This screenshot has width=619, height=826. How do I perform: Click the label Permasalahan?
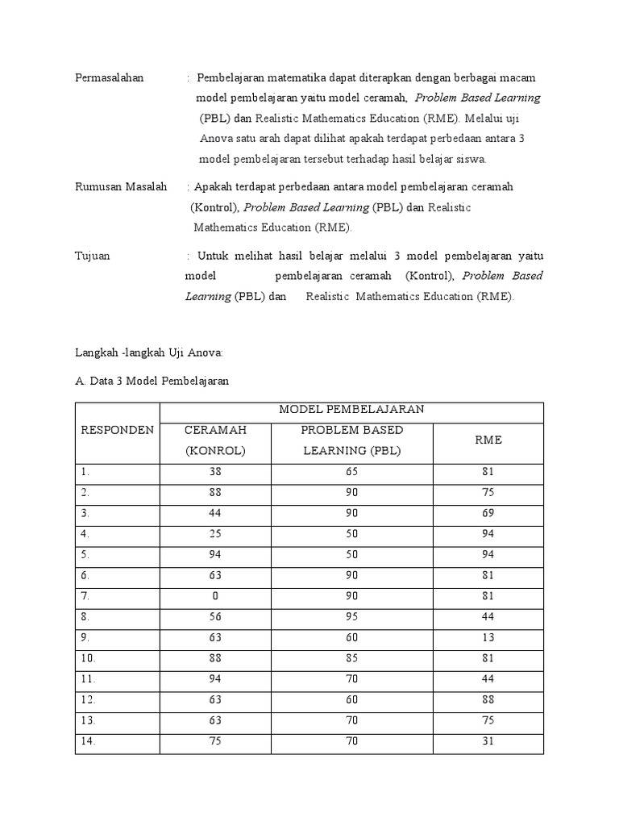tap(109, 77)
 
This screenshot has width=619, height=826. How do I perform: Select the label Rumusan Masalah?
tap(120, 187)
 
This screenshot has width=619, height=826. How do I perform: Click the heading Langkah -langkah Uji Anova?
tap(148, 353)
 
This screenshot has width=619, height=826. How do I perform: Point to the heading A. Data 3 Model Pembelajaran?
tap(152, 381)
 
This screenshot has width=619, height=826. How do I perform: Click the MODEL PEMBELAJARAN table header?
tap(351, 410)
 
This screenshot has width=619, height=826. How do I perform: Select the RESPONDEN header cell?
tap(117, 430)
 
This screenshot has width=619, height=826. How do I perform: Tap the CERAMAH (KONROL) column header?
tap(215, 440)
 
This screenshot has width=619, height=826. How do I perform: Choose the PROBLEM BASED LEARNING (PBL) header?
tap(351, 440)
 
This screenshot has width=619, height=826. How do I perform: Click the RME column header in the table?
tap(488, 440)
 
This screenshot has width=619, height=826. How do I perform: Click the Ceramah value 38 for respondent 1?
tap(215, 471)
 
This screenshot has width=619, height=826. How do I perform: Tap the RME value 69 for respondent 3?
tap(488, 514)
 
